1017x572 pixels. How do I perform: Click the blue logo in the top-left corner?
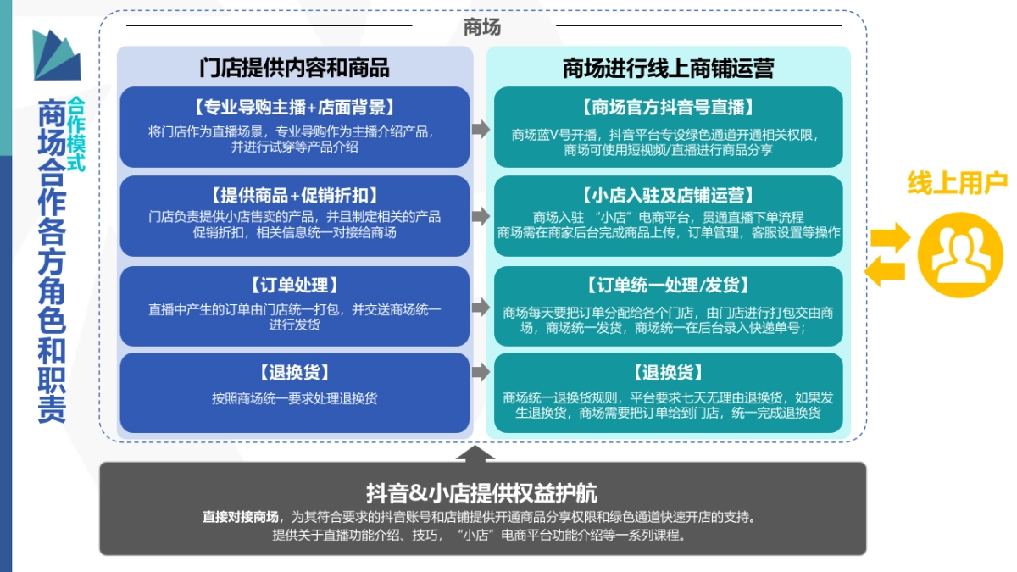coord(57,55)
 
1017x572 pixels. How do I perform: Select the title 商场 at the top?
coord(482,26)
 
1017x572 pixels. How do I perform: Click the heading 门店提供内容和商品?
coord(294,68)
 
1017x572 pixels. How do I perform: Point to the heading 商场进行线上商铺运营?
coord(668,68)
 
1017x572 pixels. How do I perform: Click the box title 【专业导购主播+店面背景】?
coord(294,108)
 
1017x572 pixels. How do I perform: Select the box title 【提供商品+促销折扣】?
coord(294,196)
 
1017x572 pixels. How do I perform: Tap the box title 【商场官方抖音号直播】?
coord(668,108)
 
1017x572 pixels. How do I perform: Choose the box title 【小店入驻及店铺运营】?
coord(668,196)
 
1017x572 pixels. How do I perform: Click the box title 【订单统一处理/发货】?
coord(668,286)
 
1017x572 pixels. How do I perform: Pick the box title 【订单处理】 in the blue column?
coord(294,286)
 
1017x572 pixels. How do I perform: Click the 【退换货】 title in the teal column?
coord(668,373)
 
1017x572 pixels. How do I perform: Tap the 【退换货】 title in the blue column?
coord(294,373)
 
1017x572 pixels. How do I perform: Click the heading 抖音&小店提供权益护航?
coord(481,494)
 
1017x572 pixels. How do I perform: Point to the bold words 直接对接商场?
coord(240,517)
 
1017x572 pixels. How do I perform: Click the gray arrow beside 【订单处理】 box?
coord(481,306)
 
